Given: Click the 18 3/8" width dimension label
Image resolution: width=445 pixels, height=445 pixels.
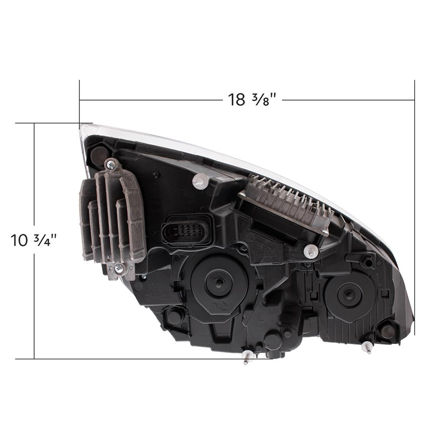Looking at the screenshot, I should point(252,100).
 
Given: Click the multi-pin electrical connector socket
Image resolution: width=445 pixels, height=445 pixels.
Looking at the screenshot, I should point(186,230).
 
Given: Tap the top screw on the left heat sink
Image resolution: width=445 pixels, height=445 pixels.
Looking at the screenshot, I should point(111,164).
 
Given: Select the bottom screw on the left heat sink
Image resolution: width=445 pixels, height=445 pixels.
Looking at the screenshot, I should point(118,269).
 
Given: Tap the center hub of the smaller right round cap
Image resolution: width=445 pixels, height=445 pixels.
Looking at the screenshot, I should point(349,295).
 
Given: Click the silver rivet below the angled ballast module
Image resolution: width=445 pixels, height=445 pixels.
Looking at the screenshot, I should point(311,250).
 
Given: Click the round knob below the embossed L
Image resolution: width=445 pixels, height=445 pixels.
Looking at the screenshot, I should point(272,339).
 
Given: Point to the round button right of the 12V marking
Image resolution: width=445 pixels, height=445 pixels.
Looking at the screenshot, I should point(175,316).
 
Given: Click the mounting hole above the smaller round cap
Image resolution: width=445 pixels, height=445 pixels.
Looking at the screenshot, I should point(368,262).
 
